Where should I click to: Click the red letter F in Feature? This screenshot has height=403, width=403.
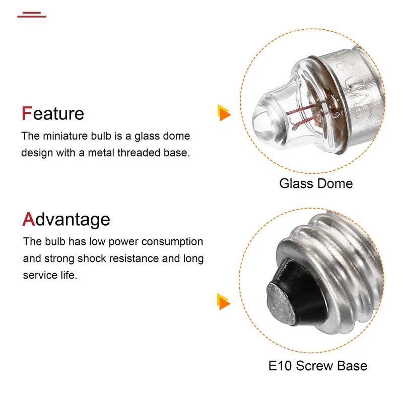27,113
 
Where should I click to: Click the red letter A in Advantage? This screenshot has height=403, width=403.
29,219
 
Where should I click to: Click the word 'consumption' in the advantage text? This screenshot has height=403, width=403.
172,242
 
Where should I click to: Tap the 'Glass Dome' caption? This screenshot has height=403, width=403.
316,183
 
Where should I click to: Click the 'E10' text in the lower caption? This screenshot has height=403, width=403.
280,366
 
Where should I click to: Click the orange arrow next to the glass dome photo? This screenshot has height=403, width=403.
224,112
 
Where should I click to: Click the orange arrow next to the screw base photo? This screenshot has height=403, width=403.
224,301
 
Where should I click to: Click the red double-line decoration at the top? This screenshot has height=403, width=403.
32,15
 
